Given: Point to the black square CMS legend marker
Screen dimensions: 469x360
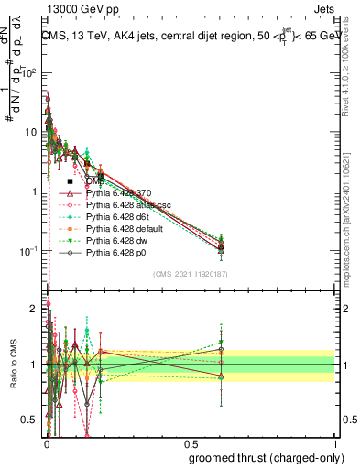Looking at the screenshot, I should (70, 182).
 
